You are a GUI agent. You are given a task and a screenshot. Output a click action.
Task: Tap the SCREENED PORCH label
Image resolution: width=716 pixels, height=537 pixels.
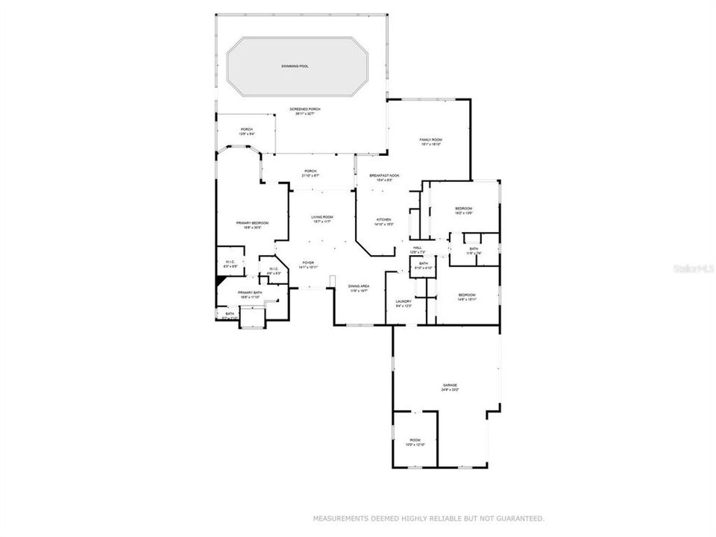click(305, 110)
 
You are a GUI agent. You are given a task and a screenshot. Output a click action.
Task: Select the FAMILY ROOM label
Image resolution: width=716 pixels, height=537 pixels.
click(431, 139)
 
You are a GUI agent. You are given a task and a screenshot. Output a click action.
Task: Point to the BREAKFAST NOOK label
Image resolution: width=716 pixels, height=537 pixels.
click(384, 175)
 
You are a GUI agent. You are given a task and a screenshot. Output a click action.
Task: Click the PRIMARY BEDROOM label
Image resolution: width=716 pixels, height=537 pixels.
click(252, 224)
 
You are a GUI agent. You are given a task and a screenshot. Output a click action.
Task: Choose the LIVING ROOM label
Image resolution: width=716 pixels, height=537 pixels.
click(322, 217)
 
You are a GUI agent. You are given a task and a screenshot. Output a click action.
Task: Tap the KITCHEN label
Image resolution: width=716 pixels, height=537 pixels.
click(384, 220)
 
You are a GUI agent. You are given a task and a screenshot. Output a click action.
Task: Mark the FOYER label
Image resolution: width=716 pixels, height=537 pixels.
click(307, 263)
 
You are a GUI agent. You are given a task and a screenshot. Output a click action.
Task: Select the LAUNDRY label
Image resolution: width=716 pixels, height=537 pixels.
click(403, 301)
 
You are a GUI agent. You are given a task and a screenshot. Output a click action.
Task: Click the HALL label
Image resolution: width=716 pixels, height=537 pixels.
click(418, 248)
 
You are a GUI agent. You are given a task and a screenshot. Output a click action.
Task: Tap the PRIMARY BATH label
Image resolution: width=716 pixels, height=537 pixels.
click(249, 293)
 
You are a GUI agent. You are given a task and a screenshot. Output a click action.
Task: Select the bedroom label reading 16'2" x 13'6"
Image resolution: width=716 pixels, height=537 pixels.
click(464, 208)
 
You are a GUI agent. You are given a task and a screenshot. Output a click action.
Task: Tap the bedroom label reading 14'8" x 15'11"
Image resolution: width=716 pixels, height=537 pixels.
click(466, 295)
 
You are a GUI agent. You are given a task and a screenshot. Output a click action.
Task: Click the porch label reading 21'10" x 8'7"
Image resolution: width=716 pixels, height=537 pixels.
click(310, 171)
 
